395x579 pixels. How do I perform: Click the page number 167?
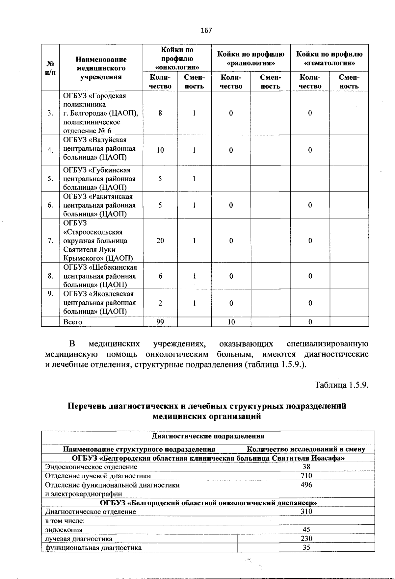[x=206, y=31]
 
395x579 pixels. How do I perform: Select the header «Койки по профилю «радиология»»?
[x=251, y=58]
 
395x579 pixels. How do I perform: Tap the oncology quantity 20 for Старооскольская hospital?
[x=160, y=240]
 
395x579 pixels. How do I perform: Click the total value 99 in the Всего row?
[x=160, y=322]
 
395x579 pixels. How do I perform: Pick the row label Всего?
[x=73, y=322]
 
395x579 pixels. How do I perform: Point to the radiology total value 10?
[x=231, y=322]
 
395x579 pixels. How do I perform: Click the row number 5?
[x=50, y=179]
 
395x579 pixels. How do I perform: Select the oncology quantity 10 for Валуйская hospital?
[x=160, y=150]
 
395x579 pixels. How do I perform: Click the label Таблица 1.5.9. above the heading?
[x=341, y=385]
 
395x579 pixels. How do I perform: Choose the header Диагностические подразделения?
[x=208, y=436]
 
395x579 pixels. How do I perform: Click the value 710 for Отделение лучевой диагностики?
[x=306, y=476]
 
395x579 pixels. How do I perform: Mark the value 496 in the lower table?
[x=306, y=485]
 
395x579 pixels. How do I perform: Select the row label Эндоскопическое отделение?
[x=91, y=467]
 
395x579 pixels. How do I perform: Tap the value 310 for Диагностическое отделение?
[x=306, y=512]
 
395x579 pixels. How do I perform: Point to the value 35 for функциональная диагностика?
[x=306, y=548]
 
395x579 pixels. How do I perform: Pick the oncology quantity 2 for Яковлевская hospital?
[x=160, y=303]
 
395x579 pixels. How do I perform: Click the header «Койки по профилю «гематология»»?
[x=329, y=58]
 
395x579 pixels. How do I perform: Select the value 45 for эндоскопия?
[x=306, y=530]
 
